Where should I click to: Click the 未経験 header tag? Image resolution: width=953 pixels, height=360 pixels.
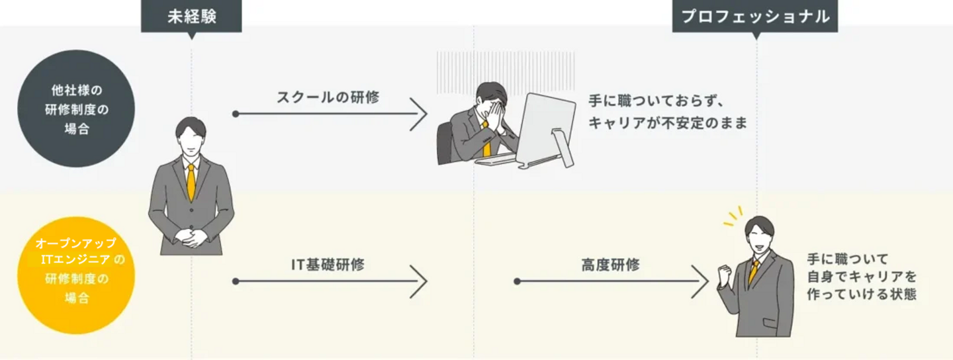[x=191, y=17]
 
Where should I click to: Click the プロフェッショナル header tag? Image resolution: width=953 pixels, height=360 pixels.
[x=755, y=17]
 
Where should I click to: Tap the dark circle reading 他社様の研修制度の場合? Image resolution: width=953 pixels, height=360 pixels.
[x=76, y=109]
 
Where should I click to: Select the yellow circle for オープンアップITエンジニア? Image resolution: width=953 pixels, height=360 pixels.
[x=76, y=275]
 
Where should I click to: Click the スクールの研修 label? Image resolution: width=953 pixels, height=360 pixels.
[x=328, y=97]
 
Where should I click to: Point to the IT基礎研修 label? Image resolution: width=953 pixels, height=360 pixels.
[x=328, y=265]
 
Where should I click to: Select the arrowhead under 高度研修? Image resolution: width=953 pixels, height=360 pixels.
[x=701, y=281]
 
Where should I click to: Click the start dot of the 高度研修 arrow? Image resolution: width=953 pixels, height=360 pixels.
[x=518, y=281]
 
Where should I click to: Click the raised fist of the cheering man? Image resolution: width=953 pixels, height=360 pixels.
[x=725, y=273]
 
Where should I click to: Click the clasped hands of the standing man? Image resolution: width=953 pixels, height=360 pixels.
[x=191, y=237]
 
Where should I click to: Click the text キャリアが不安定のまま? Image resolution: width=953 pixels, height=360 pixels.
[x=666, y=123]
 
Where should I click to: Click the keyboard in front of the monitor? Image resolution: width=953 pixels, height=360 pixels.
[x=496, y=160]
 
